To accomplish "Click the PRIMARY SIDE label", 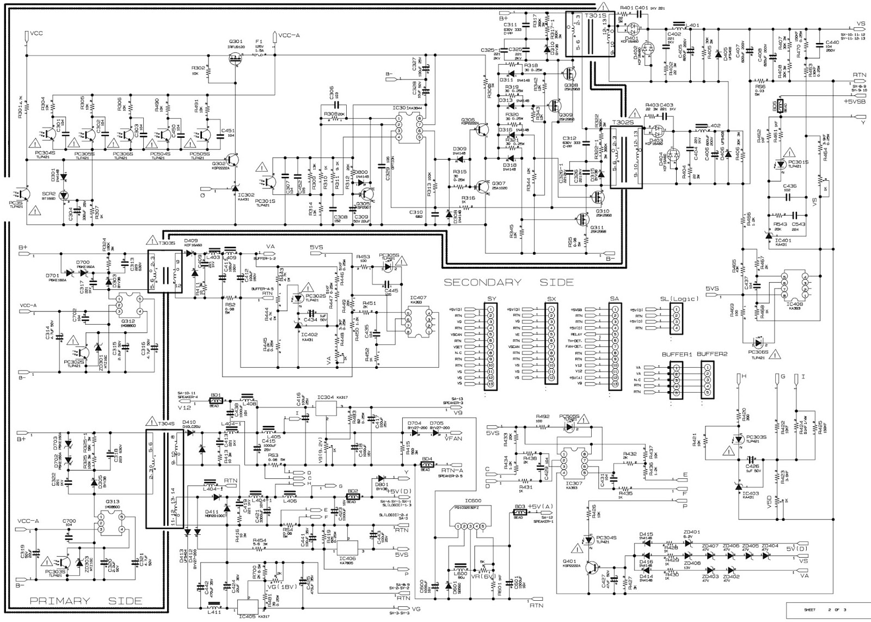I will pos(86,601).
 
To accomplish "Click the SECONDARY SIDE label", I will pos(508,282).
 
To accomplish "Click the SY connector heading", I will pos(491,299).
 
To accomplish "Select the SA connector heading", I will pos(615,299).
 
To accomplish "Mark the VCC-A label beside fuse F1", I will pos(289,34).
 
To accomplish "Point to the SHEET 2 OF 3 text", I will pos(827,610).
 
